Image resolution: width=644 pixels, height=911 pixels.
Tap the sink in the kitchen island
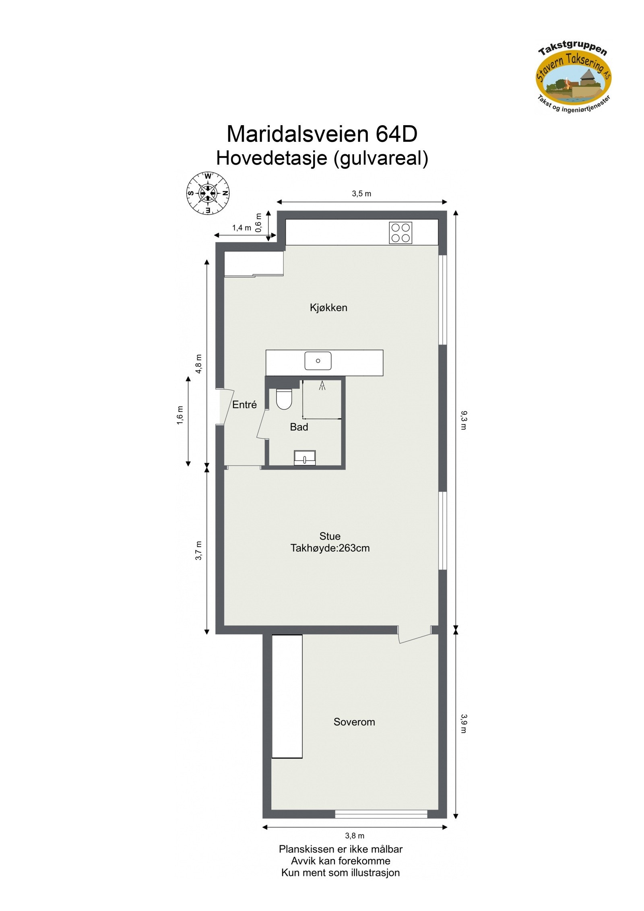click(x=318, y=361)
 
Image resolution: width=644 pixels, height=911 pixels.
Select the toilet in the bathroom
click(x=284, y=399)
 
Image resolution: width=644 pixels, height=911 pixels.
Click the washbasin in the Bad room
click(x=305, y=457)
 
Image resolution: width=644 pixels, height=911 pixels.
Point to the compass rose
click(x=208, y=193)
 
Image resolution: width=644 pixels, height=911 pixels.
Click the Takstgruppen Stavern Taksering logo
click(x=573, y=79)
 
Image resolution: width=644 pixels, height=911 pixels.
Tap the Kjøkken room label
click(x=328, y=308)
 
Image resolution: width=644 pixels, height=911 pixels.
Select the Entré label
click(x=244, y=405)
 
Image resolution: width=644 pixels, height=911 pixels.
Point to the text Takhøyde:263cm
click(x=330, y=548)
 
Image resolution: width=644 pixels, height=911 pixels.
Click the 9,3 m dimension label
click(x=463, y=420)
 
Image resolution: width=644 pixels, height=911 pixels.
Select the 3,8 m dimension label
click(x=355, y=836)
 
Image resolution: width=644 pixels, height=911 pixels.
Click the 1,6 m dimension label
click(x=180, y=415)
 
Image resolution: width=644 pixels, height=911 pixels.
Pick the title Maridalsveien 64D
click(x=322, y=134)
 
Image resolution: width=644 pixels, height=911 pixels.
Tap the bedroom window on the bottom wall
click(x=381, y=814)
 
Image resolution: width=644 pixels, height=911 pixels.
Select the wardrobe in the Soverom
click(x=287, y=696)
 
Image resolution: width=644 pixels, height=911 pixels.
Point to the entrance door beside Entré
click(x=224, y=407)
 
